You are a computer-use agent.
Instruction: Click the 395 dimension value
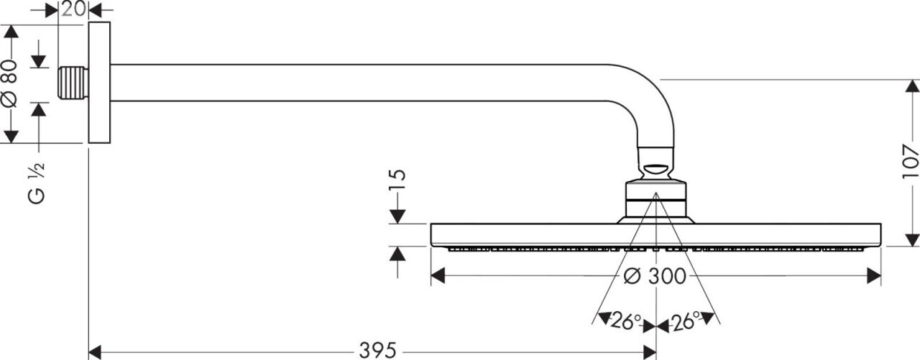[377, 351]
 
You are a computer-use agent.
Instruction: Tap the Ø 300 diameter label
[655, 276]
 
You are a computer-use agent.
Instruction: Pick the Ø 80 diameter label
[9, 83]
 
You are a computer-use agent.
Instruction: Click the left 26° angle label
[625, 321]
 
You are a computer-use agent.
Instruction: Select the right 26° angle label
[686, 321]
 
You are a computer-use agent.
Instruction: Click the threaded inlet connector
[73, 83]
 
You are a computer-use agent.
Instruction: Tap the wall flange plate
[99, 82]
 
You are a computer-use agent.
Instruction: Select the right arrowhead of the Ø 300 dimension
[875, 276]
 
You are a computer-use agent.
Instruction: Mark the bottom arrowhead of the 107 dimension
[911, 239]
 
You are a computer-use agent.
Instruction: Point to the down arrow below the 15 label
[397, 215]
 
